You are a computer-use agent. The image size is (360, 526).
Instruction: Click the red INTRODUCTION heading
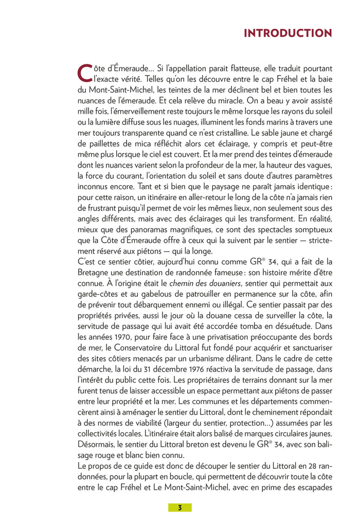coord(287,33)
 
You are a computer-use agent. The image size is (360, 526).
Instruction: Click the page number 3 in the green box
coord(179,507)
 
